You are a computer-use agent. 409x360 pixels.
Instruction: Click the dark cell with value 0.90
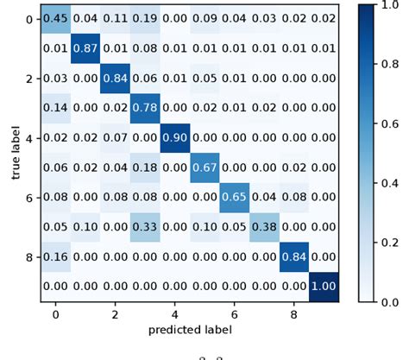click(175, 138)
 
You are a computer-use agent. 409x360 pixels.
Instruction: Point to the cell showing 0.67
click(205, 166)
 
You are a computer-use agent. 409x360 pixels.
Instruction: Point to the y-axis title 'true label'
click(16, 152)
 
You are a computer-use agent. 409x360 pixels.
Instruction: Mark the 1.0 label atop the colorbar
click(390, 4)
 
